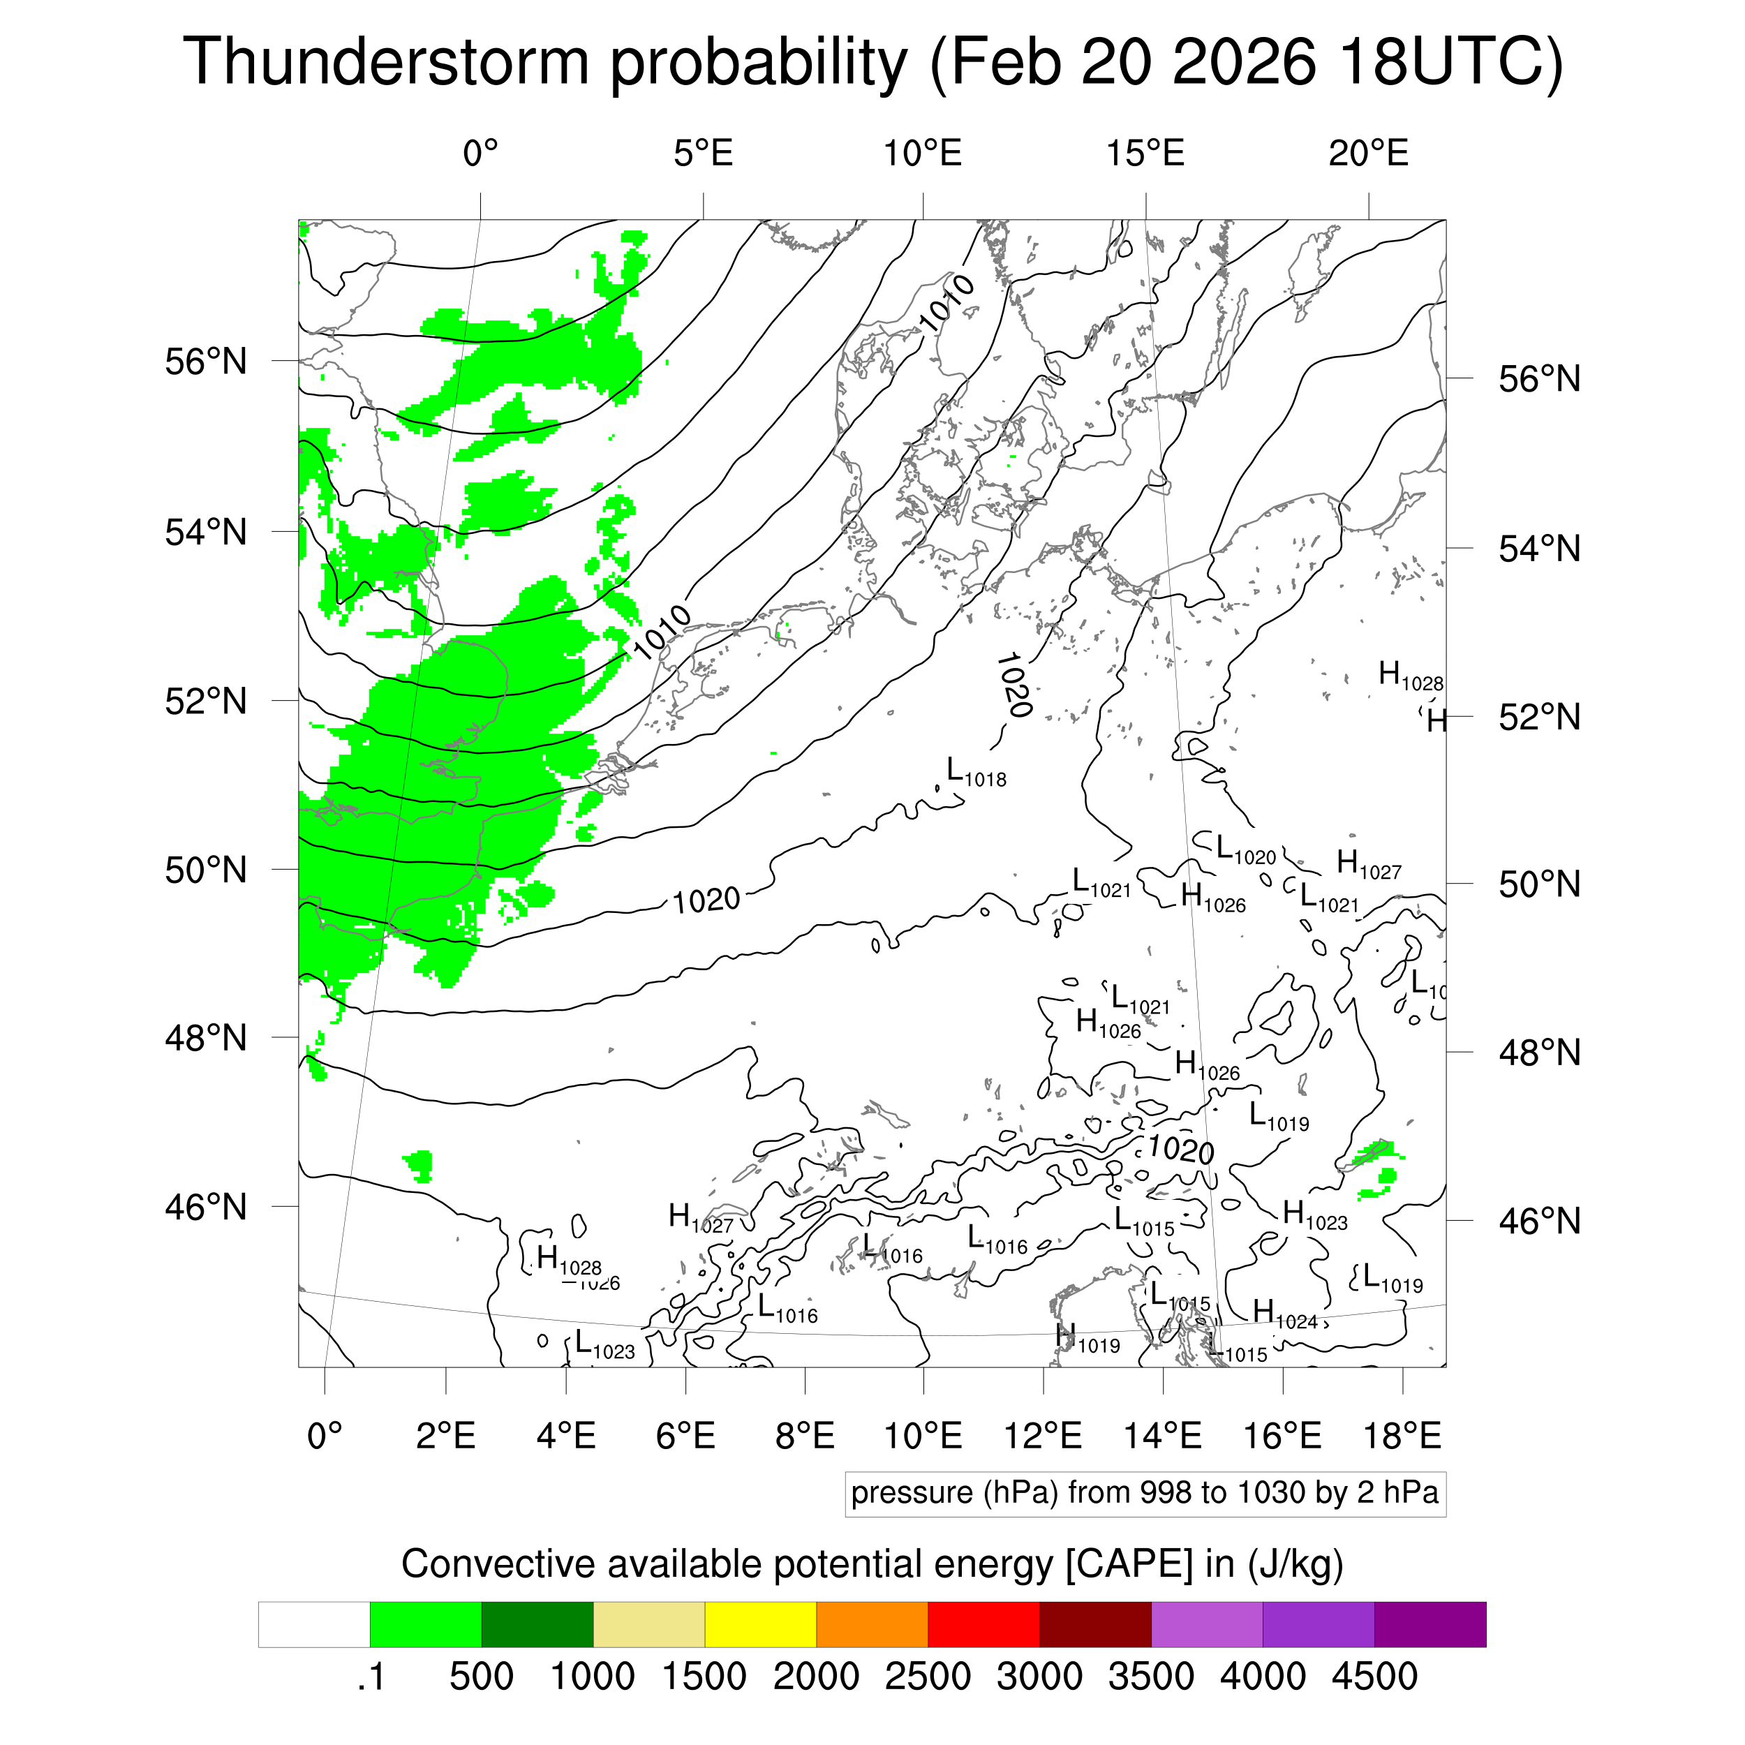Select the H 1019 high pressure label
point(1087,1339)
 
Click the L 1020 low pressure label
point(1245,850)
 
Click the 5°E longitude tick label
point(703,154)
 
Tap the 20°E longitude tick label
point(1367,154)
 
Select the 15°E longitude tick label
point(1145,154)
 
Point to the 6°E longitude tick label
point(685,1435)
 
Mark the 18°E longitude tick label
point(1402,1435)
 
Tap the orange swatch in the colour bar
point(872,1624)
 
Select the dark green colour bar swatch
point(537,1624)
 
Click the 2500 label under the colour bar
point(928,1677)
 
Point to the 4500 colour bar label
point(1374,1677)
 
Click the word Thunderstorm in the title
point(387,61)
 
